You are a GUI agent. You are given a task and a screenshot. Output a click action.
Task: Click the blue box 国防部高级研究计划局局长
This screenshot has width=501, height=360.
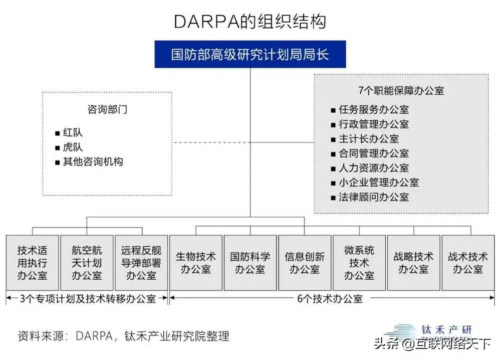[x=250, y=54]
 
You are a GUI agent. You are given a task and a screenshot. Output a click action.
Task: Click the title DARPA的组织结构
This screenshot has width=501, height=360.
[x=250, y=22]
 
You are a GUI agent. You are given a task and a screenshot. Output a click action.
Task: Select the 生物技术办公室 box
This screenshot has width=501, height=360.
[x=195, y=263]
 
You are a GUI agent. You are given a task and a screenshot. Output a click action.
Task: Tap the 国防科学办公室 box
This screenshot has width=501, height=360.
[x=250, y=263]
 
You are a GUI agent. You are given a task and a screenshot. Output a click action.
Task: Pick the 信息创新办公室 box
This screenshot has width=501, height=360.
[x=305, y=263]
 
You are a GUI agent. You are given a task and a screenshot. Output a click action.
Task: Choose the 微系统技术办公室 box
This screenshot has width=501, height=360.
[x=359, y=263]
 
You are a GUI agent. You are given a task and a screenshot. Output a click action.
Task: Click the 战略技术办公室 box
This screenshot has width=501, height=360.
[x=413, y=263]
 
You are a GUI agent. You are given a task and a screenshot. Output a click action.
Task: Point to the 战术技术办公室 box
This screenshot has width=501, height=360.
[x=468, y=263]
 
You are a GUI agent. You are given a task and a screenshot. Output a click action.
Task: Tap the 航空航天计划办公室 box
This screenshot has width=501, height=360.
[x=87, y=263]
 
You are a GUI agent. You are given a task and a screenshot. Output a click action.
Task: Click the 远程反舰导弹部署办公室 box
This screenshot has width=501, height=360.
[x=141, y=263]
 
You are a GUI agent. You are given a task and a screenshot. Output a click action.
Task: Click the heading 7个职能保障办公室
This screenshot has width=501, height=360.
[x=401, y=91]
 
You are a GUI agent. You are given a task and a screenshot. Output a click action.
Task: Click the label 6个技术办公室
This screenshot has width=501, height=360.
[x=330, y=299]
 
